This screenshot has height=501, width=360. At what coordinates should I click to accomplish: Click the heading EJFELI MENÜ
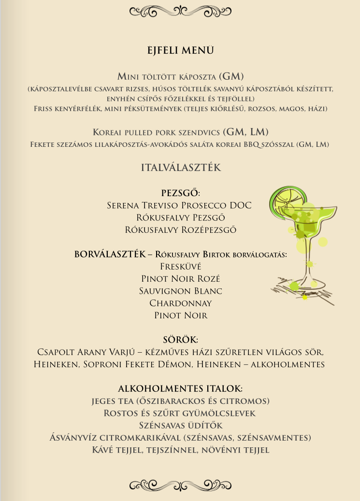(180, 51)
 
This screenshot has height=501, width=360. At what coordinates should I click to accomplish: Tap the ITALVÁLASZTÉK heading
(181, 168)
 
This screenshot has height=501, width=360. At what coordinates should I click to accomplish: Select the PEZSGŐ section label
(180, 193)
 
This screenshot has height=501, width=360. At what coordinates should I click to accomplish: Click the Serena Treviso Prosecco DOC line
(179, 205)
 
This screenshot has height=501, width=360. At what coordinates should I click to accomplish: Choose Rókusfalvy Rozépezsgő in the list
(180, 229)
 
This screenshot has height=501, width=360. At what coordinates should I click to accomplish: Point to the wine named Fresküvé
(180, 266)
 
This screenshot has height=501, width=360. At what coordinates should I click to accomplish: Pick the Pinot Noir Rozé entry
(180, 279)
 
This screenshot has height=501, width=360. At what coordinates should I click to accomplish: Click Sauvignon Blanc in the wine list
(180, 291)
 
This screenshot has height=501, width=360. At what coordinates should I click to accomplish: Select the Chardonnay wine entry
(180, 303)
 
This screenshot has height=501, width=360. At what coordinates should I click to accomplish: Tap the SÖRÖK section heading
(180, 340)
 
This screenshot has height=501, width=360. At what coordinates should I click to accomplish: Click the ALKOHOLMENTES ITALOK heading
(180, 389)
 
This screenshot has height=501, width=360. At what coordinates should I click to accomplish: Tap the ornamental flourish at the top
(180, 10)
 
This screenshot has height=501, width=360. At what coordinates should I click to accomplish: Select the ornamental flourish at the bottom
(180, 485)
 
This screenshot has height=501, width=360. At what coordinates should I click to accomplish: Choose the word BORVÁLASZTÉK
(110, 254)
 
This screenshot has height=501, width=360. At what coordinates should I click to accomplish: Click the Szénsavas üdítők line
(180, 426)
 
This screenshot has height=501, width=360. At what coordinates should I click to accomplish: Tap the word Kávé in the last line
(103, 450)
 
